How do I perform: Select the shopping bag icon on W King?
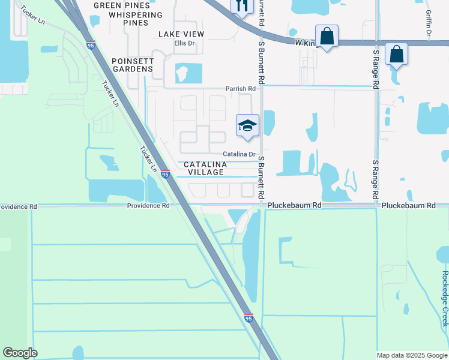(327, 36)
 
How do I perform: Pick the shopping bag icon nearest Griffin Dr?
(397, 54)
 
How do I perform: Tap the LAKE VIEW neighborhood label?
(181, 34)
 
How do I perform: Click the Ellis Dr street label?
(185, 43)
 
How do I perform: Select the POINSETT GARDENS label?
(133, 65)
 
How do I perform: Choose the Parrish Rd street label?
(241, 89)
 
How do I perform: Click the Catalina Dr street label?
(240, 154)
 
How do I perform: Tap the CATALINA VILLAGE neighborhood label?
(204, 168)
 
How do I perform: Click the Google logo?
(20, 353)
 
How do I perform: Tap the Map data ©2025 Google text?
(412, 355)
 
